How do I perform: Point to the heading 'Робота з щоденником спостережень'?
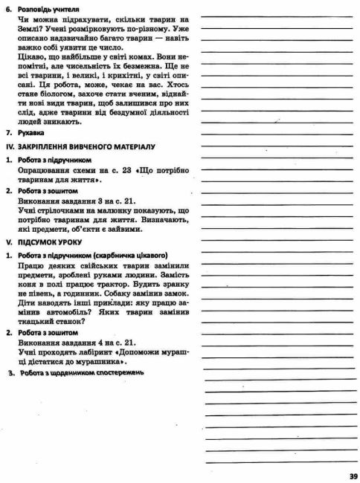[x=81, y=372]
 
